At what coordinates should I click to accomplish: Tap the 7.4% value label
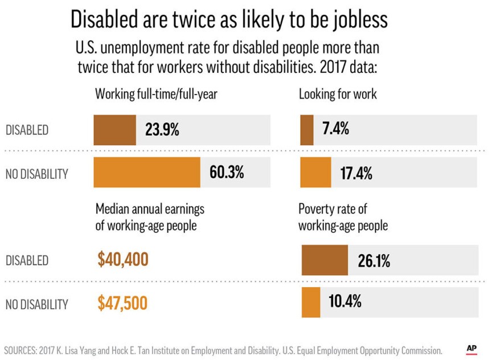click(x=335, y=129)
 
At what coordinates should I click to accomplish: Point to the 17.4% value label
click(x=356, y=174)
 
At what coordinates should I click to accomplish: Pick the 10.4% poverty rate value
click(x=345, y=301)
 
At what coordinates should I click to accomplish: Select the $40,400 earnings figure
click(x=122, y=260)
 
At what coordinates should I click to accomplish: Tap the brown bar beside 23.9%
click(x=114, y=130)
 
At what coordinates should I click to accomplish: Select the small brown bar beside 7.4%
click(x=306, y=130)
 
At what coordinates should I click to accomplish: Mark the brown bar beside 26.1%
click(x=324, y=260)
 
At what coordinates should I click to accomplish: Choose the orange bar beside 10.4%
click(x=310, y=302)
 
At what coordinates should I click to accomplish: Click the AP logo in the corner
click(x=471, y=349)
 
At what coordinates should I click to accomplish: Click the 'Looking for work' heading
click(x=338, y=94)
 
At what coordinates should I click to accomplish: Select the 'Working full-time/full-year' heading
click(x=156, y=94)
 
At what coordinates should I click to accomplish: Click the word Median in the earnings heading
click(x=113, y=209)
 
